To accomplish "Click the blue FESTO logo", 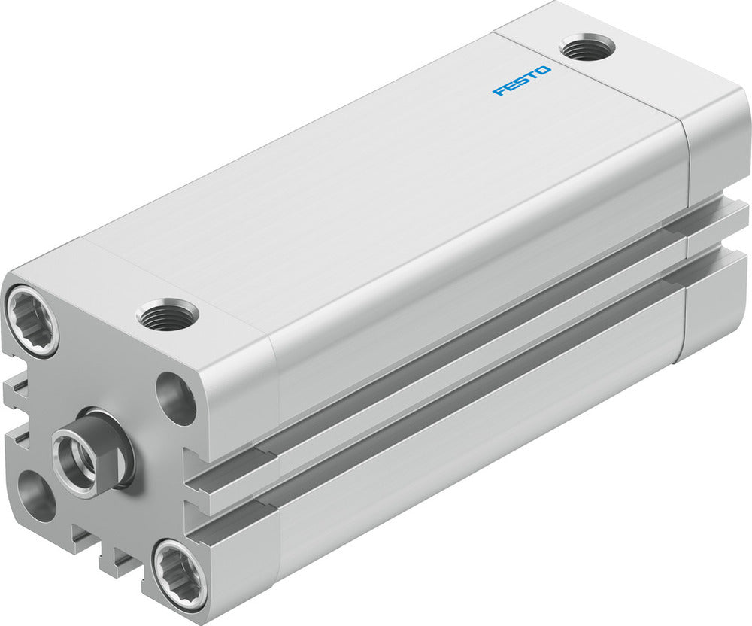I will pos(521,81).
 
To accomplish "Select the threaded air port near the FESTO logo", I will pos(587,47).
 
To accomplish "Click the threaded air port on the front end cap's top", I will pos(168,315).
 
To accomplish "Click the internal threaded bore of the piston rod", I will pos(79,461).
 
